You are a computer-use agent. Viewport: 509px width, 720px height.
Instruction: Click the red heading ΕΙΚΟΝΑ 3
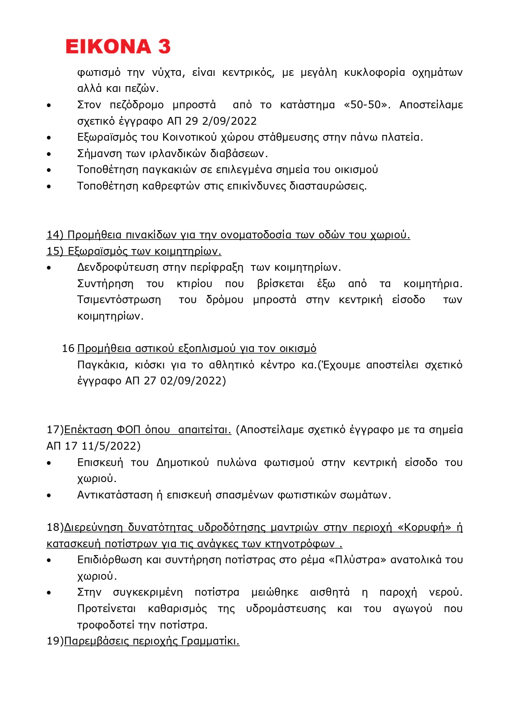[118, 46]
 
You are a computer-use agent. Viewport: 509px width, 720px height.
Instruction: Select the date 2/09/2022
[229, 121]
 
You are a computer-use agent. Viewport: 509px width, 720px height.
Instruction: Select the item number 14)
[55, 235]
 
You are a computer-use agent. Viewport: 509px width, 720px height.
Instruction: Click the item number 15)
[55, 251]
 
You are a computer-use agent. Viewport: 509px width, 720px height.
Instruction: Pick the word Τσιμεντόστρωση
[119, 300]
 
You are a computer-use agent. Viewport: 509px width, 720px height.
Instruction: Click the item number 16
[68, 348]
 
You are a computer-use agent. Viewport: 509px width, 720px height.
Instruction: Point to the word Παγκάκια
[103, 365]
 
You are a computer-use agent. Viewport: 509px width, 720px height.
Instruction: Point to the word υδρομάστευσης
[286, 609]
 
